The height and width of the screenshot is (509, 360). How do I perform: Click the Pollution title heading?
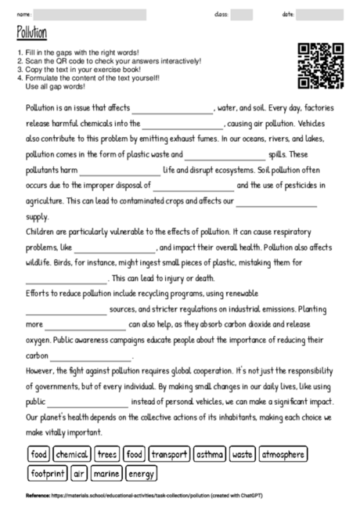click(31, 32)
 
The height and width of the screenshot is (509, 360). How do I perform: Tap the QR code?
click(321, 65)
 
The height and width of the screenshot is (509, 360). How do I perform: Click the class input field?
click(242, 15)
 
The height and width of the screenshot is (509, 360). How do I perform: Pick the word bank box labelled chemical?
click(72, 453)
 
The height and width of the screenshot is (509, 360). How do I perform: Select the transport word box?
click(169, 453)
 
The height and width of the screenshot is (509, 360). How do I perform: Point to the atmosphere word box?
click(283, 453)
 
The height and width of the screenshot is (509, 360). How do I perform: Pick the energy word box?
click(141, 473)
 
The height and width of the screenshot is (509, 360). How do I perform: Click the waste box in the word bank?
click(243, 453)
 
